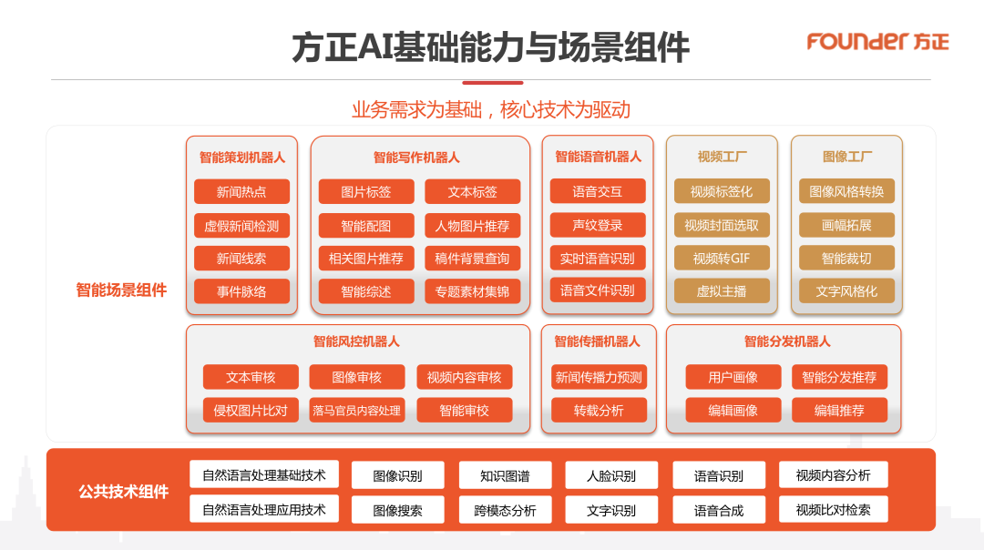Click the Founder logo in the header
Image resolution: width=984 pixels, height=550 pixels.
877,42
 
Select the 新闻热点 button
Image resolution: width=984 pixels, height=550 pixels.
241,192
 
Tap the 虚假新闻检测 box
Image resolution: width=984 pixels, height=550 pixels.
241,226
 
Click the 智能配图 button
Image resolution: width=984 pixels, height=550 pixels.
366,226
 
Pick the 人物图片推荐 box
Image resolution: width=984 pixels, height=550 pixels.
472,226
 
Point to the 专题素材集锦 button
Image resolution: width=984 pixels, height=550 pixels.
472,292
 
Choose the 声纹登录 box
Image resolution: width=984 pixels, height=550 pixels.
598,225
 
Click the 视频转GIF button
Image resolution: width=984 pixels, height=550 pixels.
722,259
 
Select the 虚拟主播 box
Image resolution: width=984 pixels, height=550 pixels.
722,292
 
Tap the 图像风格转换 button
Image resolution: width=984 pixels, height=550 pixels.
846,192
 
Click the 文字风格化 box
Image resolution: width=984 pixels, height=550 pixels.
846,292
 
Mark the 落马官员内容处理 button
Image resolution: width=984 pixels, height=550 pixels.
356,411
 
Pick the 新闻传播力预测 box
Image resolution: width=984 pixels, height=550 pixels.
599,377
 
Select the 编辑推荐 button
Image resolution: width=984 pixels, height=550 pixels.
839,411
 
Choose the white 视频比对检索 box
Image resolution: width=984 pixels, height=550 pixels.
833,509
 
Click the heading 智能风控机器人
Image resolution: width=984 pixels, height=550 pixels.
356,341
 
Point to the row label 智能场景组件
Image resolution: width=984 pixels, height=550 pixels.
121,290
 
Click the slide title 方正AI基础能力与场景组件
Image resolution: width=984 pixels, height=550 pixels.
490,47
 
